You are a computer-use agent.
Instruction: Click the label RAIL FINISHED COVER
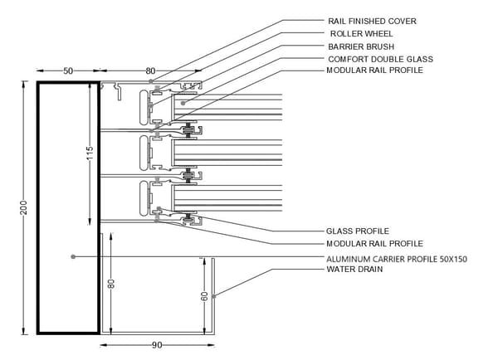click(x=372, y=22)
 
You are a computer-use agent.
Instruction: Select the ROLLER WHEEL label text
click(x=361, y=34)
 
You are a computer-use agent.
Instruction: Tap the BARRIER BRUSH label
click(x=361, y=46)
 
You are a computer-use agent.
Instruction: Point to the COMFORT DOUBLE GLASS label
click(x=380, y=60)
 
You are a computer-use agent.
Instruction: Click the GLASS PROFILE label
click(x=358, y=231)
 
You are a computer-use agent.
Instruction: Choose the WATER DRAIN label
click(x=354, y=270)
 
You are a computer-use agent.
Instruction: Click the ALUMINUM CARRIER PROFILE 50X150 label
click(x=397, y=260)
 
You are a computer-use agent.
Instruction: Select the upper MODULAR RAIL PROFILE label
click(x=375, y=71)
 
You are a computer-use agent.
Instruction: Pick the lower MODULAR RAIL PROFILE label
click(x=375, y=244)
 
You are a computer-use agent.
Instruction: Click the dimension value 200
click(x=24, y=207)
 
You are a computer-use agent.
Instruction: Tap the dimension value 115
click(x=90, y=153)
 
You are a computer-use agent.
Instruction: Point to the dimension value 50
click(x=68, y=71)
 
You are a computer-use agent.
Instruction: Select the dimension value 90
click(x=157, y=345)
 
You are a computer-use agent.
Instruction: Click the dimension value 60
click(x=205, y=296)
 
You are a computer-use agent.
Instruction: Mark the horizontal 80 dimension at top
click(x=150, y=71)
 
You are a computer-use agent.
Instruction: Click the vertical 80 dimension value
click(x=111, y=284)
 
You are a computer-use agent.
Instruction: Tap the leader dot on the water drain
click(x=214, y=296)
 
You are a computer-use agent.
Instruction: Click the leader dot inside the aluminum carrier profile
click(x=73, y=256)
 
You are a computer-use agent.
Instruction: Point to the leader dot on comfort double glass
click(x=183, y=103)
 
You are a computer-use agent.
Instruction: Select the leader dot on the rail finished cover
click(x=151, y=81)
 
